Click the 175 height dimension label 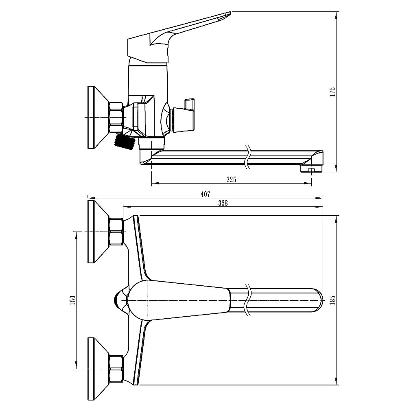[333, 92]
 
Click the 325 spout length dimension [231, 179]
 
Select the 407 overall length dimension [205, 194]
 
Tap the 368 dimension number [223, 203]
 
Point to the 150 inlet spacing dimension [73, 300]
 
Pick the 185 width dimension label [333, 300]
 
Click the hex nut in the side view [116, 117]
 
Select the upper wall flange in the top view [98, 232]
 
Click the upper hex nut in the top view [116, 232]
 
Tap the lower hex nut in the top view [116, 369]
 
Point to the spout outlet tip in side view [311, 169]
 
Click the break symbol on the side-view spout [248, 157]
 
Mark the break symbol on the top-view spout [248, 300]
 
